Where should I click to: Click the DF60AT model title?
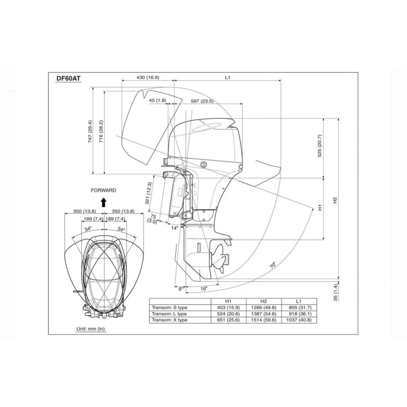pos(68,79)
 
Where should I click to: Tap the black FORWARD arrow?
pos(103,202)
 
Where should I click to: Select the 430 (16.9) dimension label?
pos(148,77)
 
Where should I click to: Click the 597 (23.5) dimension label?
pos(202,101)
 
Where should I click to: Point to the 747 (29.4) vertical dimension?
pos(90,131)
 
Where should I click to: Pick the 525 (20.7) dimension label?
pos(319,146)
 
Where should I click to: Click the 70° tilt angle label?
pos(273,265)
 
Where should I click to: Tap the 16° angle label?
pos(204,289)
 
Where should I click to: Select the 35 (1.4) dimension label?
pos(335,293)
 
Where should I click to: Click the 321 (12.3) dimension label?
pos(149,193)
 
